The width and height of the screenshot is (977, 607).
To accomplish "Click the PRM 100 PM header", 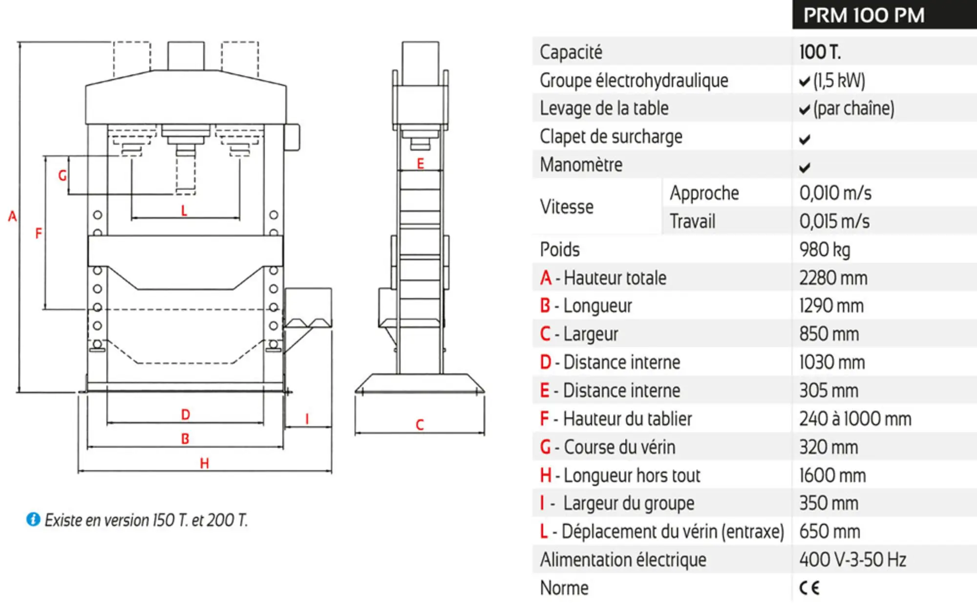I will click(864, 16).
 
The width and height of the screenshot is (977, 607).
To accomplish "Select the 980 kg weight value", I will click(825, 250).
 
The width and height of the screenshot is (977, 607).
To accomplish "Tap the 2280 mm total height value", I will click(833, 278).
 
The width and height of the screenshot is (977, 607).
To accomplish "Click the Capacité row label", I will click(571, 52).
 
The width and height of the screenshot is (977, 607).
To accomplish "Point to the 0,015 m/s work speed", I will click(834, 221).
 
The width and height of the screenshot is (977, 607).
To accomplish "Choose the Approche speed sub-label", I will click(704, 193).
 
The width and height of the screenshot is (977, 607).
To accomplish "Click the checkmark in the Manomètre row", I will click(805, 168).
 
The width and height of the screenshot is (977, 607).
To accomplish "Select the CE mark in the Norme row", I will click(809, 587).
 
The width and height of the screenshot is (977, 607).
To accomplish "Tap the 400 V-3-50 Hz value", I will click(852, 560).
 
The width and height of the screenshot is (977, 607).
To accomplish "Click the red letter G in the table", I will click(546, 447).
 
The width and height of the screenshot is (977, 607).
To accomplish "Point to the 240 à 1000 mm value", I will click(855, 419).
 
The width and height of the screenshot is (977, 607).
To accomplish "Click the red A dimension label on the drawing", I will click(12, 216).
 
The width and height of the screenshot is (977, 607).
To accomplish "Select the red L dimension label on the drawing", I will click(184, 211).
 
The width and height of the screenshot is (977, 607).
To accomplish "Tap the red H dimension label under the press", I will click(204, 463).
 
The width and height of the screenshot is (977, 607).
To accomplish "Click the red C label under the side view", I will click(420, 425).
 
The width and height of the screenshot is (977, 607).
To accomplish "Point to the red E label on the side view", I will click(420, 163).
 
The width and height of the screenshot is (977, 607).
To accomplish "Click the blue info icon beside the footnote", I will click(33, 519).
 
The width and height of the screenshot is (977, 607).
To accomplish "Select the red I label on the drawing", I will click(307, 419).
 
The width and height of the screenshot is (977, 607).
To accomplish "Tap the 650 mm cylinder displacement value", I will click(829, 531).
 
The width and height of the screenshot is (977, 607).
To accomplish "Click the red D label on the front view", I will click(186, 414).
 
